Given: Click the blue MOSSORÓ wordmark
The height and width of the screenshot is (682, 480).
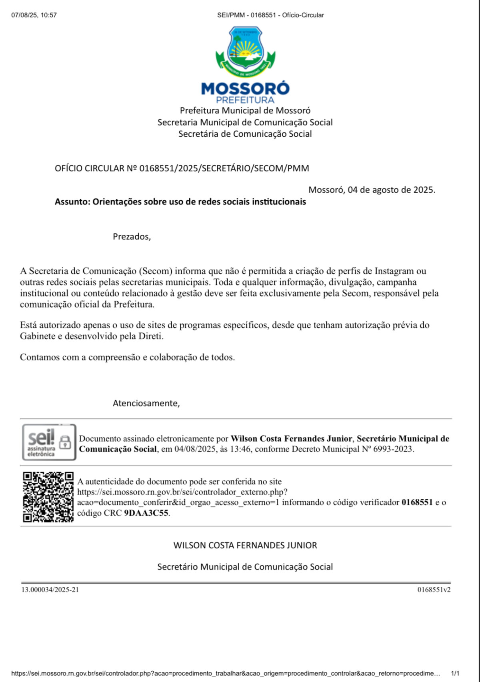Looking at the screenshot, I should pyautogui.click(x=245, y=88).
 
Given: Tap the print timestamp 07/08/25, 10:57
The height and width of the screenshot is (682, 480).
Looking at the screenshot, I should pyautogui.click(x=34, y=15).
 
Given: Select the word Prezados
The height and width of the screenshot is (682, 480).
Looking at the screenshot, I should pyautogui.click(x=132, y=236).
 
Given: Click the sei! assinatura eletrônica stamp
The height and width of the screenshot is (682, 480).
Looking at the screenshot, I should pyautogui.click(x=49, y=442).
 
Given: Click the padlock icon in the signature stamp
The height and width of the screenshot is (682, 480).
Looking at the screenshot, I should pyautogui.click(x=65, y=442).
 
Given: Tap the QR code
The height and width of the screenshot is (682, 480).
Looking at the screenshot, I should pyautogui.click(x=48, y=497).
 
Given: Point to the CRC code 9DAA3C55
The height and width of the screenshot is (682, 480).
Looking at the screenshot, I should pyautogui.click(x=146, y=513).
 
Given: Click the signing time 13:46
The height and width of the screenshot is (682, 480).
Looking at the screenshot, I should pyautogui.click(x=241, y=449).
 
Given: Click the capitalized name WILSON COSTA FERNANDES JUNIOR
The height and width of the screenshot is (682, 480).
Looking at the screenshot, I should pyautogui.click(x=245, y=545).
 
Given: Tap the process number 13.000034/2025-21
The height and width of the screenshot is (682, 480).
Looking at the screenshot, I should pyautogui.click(x=50, y=590).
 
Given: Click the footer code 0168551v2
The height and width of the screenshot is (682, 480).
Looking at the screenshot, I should pyautogui.click(x=434, y=590).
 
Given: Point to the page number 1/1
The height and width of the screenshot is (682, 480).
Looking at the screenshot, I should pyautogui.click(x=455, y=674).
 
